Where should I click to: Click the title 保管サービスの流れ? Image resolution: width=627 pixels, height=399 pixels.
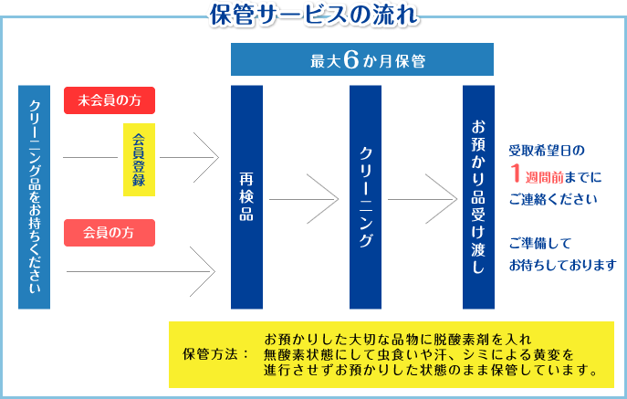[x=314, y=15]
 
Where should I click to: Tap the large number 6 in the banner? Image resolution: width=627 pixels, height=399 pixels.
[x=350, y=60]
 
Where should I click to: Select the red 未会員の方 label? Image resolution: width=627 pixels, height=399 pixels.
[x=110, y=100]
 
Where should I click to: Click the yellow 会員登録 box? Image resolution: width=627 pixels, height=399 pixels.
[x=139, y=160]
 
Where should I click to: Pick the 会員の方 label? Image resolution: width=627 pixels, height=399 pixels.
[x=110, y=233]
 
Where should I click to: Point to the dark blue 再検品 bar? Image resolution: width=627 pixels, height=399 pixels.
[x=246, y=197]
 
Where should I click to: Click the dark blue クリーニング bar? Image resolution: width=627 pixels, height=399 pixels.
[x=365, y=197]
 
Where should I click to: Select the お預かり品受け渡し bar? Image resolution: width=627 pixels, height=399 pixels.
[x=478, y=197]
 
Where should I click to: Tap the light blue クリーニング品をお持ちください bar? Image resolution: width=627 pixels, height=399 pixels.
[x=34, y=197]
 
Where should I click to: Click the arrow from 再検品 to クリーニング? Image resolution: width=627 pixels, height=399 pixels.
[x=304, y=199]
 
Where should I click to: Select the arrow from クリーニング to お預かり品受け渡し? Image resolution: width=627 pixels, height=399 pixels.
[x=423, y=199]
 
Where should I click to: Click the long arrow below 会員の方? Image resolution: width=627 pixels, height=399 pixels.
[x=141, y=272]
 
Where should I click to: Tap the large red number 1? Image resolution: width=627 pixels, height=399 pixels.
[x=516, y=173]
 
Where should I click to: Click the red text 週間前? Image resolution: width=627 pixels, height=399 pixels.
[x=544, y=177]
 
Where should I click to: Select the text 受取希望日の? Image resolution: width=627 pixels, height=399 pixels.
[x=547, y=151]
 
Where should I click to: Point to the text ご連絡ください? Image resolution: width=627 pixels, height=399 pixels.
[x=553, y=199]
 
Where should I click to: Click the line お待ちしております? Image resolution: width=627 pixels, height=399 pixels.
[x=562, y=265]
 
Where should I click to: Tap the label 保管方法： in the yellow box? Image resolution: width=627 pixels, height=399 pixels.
[x=216, y=354]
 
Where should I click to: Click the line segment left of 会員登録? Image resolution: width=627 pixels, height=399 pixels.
[x=90, y=157]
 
